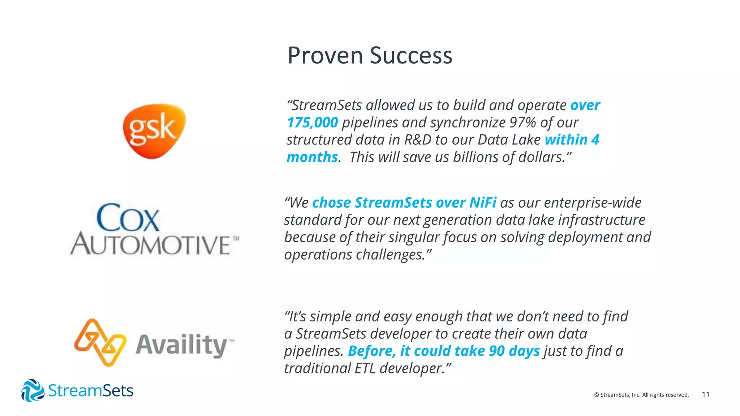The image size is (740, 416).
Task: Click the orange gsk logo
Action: coord(154,131)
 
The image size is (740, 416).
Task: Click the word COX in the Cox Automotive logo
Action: coord(128,218)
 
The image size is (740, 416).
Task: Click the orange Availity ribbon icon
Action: coord(100,342)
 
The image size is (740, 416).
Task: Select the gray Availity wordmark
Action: coord(182,345)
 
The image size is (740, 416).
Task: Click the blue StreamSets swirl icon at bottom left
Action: coord(33,390)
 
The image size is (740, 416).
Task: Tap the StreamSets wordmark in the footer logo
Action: coord(91,391)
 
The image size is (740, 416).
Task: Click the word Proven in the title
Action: coord(325,56)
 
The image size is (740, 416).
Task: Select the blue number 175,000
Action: coord(313,122)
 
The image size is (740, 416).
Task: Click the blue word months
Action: coord(312,157)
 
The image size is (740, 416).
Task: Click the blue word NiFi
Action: coord(483,203)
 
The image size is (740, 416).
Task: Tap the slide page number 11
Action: coord(705,395)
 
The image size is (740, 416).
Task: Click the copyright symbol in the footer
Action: coord(597,395)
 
